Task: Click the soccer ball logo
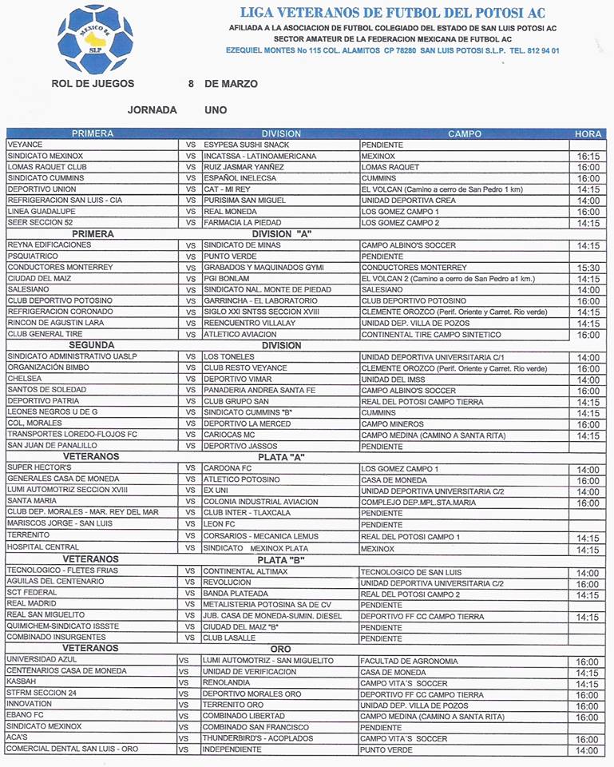[x=96, y=38]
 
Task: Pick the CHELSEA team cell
[x=24, y=379]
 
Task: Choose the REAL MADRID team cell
[x=30, y=605]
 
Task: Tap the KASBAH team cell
[x=22, y=683]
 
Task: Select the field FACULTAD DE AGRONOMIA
[x=409, y=661]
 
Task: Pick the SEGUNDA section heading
[x=93, y=345]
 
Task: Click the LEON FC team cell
[x=220, y=524]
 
